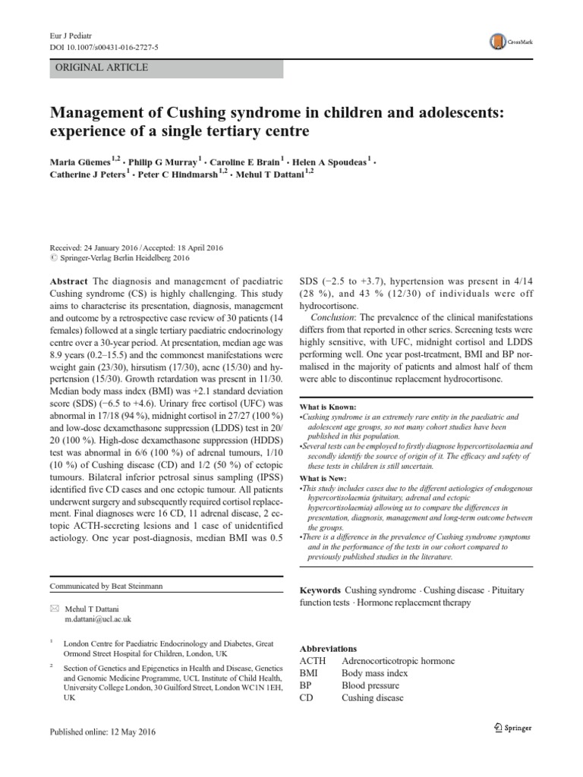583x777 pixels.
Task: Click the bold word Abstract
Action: coord(67,280)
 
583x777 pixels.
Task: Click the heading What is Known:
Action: coord(328,407)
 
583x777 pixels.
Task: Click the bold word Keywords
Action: coord(320,590)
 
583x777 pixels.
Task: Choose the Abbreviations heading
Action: coord(328,650)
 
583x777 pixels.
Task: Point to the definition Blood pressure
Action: coord(370,685)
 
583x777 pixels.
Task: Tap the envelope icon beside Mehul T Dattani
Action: coord(54,609)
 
